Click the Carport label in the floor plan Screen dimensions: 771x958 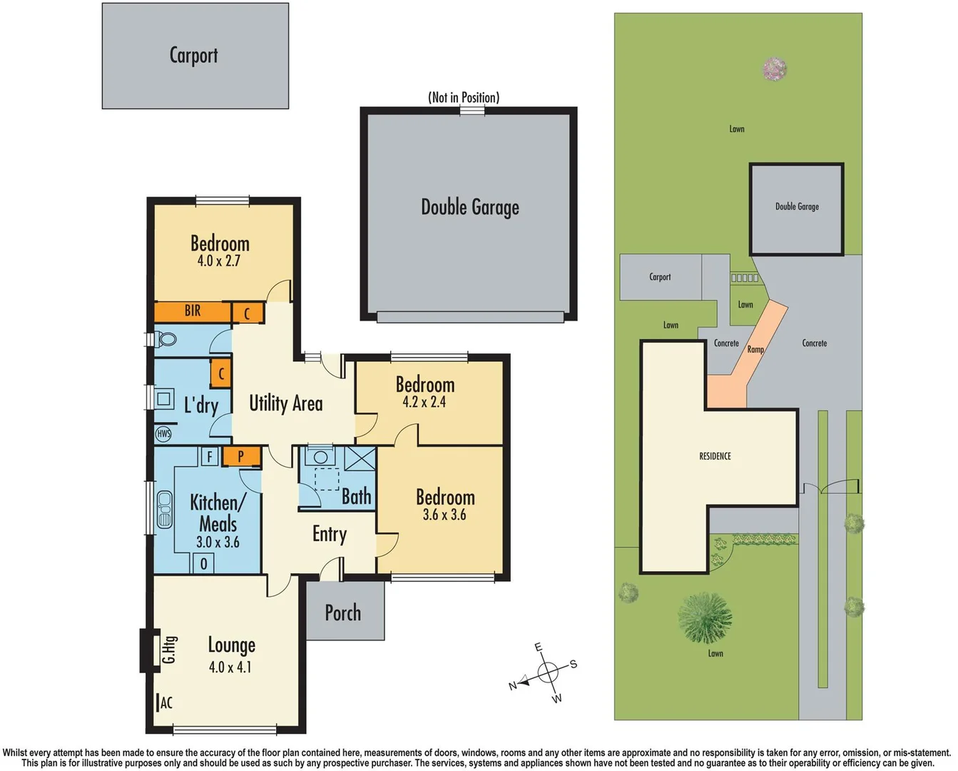(193, 55)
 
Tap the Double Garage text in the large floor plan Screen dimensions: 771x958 (469, 207)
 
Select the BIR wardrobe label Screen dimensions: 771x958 (193, 311)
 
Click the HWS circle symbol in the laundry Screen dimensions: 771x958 (163, 433)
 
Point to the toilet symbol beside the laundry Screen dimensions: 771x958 (165, 339)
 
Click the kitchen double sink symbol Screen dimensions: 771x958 (165, 509)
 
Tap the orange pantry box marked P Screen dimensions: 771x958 (240, 456)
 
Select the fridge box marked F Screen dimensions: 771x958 (209, 456)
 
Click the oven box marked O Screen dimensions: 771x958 (203, 564)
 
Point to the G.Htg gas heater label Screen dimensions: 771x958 (169, 650)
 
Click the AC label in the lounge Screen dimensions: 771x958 (165, 703)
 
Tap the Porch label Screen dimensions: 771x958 (343, 613)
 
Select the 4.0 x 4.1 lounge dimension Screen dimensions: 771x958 (230, 667)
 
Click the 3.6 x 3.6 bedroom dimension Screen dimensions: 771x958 (444, 515)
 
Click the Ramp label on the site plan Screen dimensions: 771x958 (755, 350)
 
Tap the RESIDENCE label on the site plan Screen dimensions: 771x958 (715, 456)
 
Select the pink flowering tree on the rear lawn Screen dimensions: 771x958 (774, 69)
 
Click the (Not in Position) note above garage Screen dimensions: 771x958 (464, 97)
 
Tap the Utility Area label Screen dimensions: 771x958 (285, 403)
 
